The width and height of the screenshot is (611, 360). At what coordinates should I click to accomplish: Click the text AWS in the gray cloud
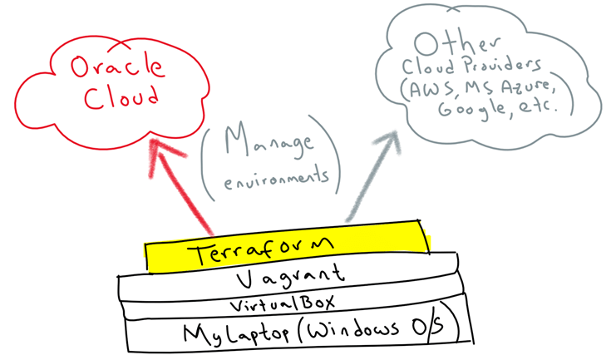[430, 88]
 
